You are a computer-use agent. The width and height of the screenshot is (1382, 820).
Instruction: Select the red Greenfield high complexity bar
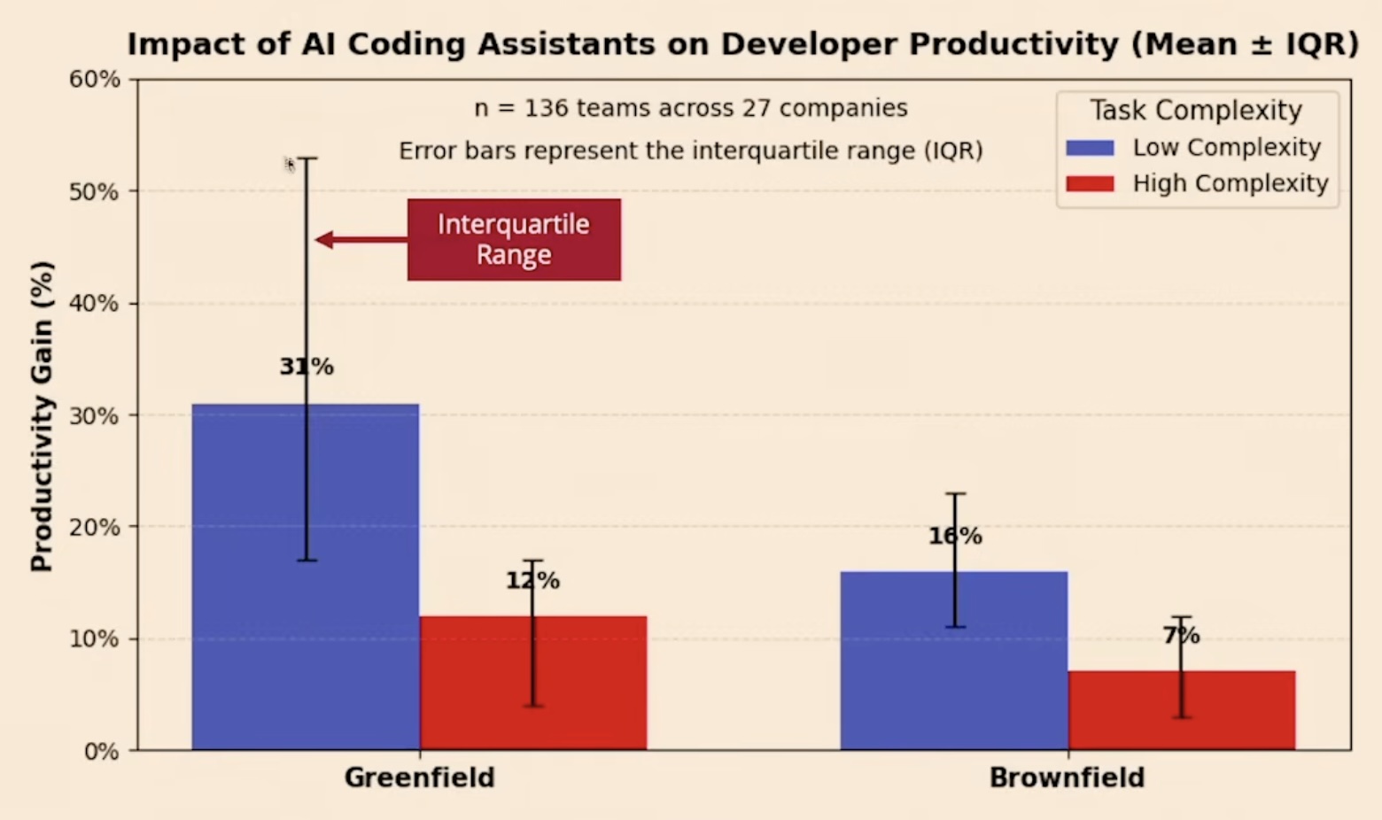[585, 682]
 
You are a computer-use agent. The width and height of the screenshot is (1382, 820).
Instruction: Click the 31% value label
[307, 367]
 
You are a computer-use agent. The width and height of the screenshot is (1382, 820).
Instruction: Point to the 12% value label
[532, 581]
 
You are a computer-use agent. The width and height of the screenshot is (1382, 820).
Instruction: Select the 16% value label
[955, 536]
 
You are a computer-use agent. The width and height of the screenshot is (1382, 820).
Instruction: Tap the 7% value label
[1181, 635]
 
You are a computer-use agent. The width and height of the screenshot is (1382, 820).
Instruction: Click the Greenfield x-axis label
[419, 777]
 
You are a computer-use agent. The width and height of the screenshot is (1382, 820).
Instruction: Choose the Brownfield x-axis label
[1067, 777]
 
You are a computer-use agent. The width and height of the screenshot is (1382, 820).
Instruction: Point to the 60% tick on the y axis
[95, 80]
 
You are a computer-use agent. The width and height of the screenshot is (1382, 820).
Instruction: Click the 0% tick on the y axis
[102, 751]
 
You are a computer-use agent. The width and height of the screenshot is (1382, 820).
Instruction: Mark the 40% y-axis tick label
[95, 304]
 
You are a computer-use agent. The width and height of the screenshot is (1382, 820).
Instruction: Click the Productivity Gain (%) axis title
[42, 416]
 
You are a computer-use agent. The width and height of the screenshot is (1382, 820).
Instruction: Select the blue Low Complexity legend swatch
[1090, 148]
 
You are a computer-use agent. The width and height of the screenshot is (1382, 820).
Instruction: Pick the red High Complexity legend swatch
[1090, 184]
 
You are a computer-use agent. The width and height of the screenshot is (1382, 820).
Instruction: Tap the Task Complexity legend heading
[1196, 111]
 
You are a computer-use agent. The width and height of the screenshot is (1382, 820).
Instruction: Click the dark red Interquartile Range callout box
[514, 240]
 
